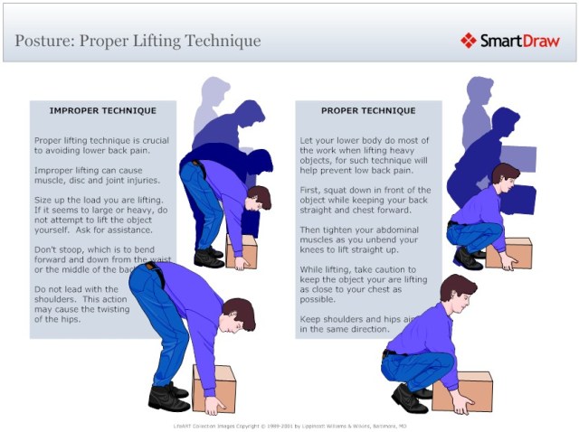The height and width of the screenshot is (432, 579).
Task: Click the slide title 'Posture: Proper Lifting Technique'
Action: pos(138,41)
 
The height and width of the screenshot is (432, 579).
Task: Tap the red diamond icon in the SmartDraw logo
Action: pos(468,41)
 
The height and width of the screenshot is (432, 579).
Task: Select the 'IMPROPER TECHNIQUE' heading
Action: pos(102,110)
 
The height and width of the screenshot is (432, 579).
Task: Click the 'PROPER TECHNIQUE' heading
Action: pos(368,110)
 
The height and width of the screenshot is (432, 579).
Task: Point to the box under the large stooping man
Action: pos(214,388)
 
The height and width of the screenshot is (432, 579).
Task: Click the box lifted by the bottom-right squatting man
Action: pos(462,390)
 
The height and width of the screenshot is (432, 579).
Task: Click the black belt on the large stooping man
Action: pos(157,273)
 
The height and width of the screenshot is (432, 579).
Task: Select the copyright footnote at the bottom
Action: pos(289,423)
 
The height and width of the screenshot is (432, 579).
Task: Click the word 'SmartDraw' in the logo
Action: pos(519,41)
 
